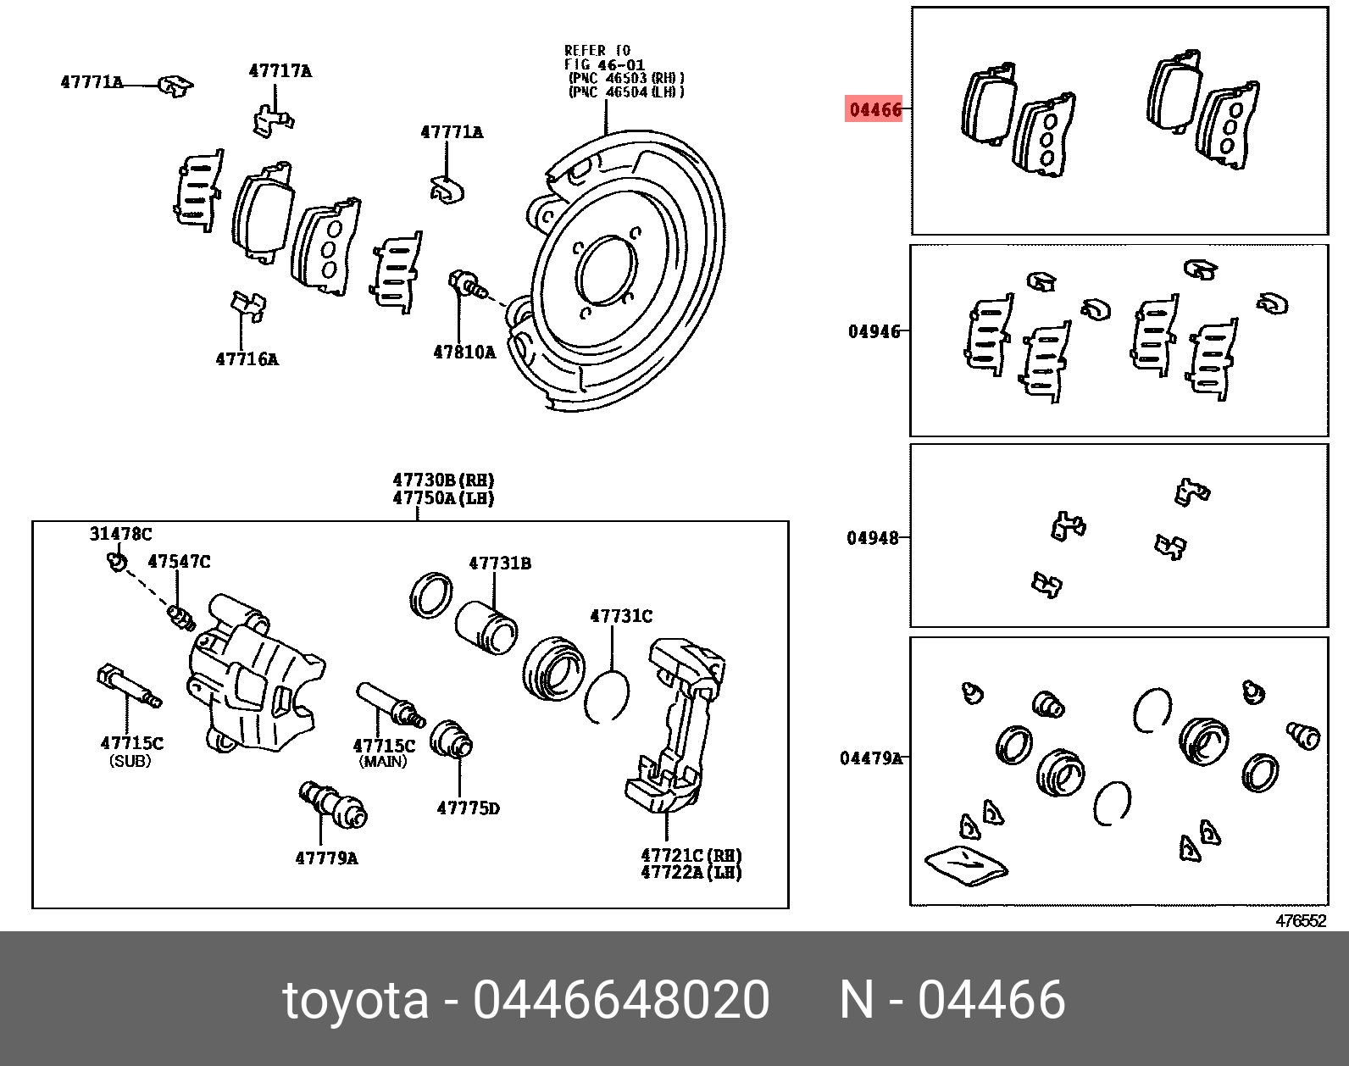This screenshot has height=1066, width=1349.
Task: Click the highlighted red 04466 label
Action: [x=874, y=109]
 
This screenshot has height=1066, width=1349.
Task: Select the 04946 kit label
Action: [x=874, y=331]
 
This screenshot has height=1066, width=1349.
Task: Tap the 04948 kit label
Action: [x=873, y=537]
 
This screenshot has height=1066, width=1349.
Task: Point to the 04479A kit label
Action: [x=870, y=758]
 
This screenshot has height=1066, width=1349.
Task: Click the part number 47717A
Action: [x=280, y=71]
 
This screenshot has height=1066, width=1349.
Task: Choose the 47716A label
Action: [x=247, y=359]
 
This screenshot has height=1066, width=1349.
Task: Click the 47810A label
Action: [x=464, y=353]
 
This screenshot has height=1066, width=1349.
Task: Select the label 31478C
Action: [x=120, y=534]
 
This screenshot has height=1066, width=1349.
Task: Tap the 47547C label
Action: [x=179, y=561]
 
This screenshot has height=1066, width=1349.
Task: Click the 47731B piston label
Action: [x=500, y=563]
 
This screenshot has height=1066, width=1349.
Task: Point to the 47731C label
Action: [x=621, y=616]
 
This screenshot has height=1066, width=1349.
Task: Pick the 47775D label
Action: [x=468, y=808]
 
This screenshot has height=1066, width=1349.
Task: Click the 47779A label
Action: [x=326, y=858]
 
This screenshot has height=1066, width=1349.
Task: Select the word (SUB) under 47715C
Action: [x=130, y=761]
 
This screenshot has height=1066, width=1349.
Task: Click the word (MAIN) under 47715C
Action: [x=383, y=761]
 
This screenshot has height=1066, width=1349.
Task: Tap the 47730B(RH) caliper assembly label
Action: [x=443, y=480]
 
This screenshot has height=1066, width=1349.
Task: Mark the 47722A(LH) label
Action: [x=691, y=873]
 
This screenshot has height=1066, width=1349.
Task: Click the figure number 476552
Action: [x=1301, y=922]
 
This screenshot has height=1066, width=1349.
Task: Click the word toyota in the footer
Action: [x=355, y=1000]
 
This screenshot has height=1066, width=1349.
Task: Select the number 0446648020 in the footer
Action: [x=621, y=1000]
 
